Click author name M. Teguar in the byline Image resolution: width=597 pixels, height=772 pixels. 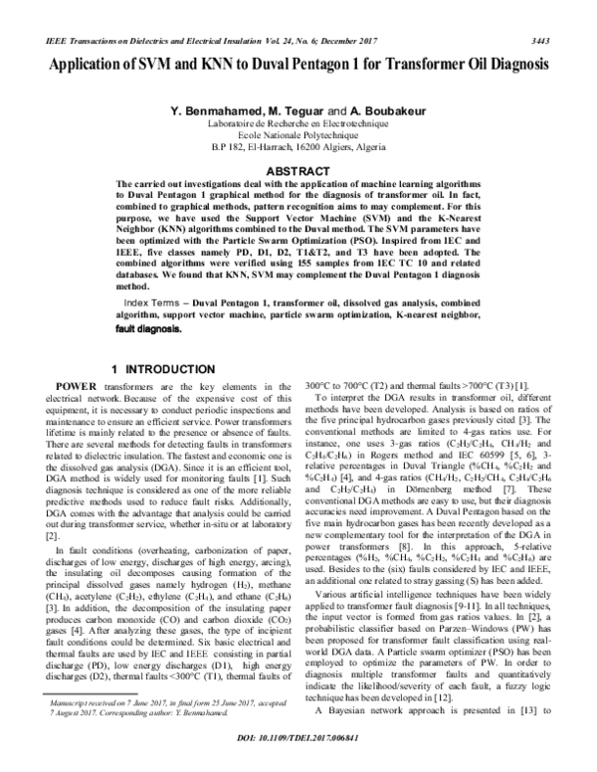(x=297, y=110)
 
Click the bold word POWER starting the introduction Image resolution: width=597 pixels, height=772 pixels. (x=77, y=384)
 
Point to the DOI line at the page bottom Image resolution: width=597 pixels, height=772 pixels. (x=298, y=760)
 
